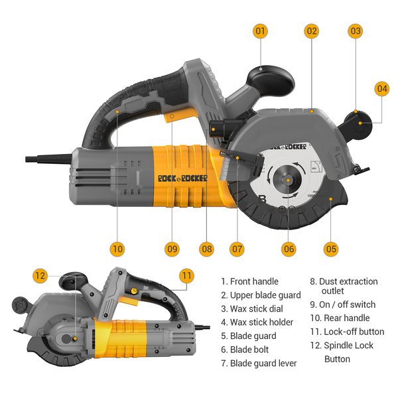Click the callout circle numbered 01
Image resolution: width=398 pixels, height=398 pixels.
click(260, 31)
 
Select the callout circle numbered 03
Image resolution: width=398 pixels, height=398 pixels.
click(356, 31)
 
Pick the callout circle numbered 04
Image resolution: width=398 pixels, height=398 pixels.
click(382, 88)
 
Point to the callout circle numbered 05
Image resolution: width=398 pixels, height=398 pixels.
click(331, 249)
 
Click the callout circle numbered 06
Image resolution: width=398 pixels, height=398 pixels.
click(289, 249)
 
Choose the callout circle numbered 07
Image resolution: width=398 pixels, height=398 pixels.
click(237, 249)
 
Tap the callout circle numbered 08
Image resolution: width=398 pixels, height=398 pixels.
click(207, 249)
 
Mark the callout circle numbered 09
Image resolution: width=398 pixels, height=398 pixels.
click(172, 249)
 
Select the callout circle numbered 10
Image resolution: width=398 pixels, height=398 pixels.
click(117, 249)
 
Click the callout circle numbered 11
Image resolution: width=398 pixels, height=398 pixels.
click(186, 275)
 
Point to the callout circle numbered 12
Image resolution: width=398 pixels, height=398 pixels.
click(40, 275)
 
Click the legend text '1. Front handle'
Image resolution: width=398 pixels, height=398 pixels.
click(250, 281)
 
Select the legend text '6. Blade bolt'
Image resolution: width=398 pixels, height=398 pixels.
click(249, 350)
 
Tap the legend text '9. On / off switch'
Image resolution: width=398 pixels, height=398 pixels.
click(352, 304)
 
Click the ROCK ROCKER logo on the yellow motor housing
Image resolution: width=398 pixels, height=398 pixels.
click(182, 178)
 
